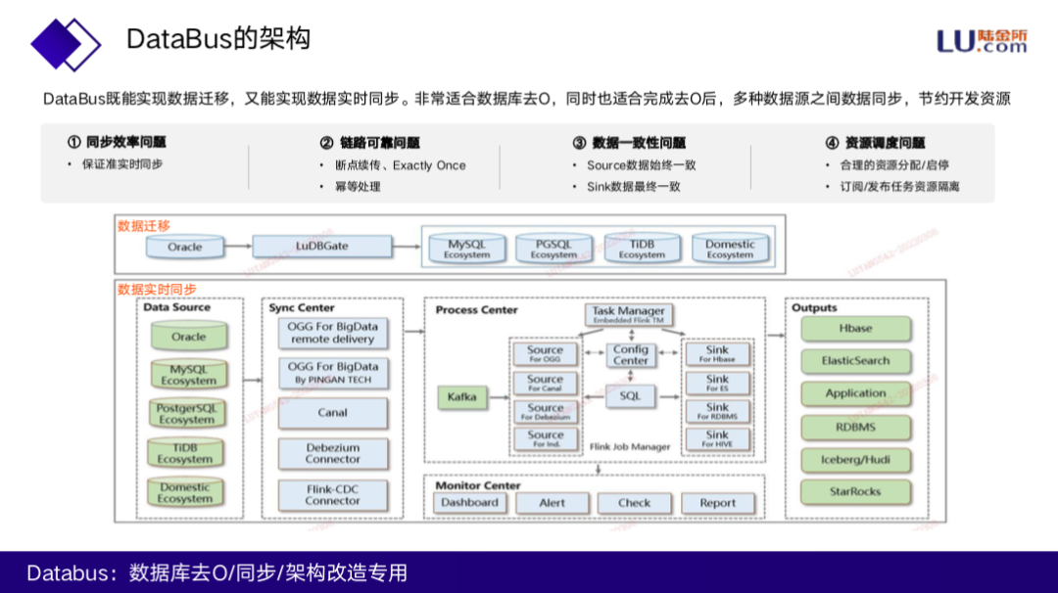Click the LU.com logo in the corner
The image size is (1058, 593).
(x=982, y=40)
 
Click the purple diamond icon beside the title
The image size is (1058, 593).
(x=65, y=41)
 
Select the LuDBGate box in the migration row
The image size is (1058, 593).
(x=322, y=247)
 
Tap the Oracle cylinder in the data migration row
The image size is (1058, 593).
(x=184, y=247)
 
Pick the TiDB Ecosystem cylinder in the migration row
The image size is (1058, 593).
(x=642, y=249)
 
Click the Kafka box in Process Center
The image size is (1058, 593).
(x=461, y=396)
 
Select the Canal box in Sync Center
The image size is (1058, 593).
(x=332, y=413)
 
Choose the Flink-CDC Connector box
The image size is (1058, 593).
(x=332, y=494)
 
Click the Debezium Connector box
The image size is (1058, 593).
(x=332, y=453)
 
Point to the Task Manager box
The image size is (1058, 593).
(x=629, y=315)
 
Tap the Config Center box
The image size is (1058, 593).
(x=631, y=354)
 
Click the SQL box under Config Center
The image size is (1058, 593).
(x=631, y=396)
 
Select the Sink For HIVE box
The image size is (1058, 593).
(x=717, y=438)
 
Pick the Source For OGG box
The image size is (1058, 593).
(x=545, y=353)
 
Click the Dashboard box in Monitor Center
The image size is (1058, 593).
(x=469, y=503)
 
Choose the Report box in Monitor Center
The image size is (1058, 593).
(x=717, y=503)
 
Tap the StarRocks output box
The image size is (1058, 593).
(x=855, y=491)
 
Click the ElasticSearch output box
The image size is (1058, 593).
(x=855, y=361)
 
